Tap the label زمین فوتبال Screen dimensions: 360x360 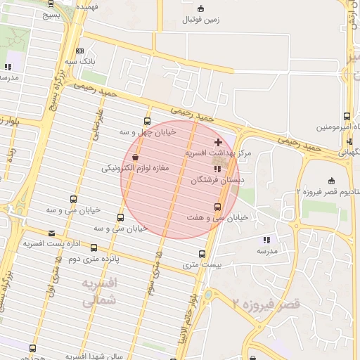pyautogui.click(x=202, y=20)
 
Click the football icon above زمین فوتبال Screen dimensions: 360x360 pyautogui.click(x=202, y=8)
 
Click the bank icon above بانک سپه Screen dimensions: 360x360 pyautogui.click(x=79, y=51)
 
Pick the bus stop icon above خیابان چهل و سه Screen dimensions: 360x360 pyautogui.click(x=146, y=121)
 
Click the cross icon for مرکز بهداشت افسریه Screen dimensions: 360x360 pyautogui.click(x=218, y=143)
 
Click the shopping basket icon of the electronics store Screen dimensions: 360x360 pyautogui.click(x=135, y=157)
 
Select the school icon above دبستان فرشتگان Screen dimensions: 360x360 pyautogui.click(x=217, y=169)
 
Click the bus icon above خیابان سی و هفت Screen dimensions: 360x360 pyautogui.click(x=217, y=207)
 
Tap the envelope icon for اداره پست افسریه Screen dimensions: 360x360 pyautogui.click(x=51, y=233)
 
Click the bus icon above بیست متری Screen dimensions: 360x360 pyautogui.click(x=202, y=254)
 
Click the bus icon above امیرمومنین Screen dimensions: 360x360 pyautogui.click(x=347, y=116)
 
